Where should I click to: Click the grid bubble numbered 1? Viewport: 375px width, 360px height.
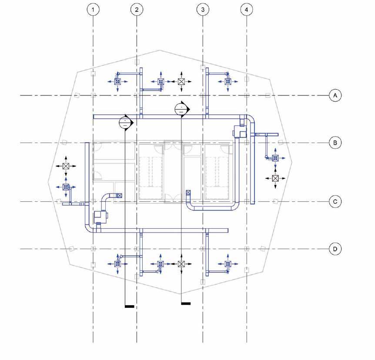coord(93,10)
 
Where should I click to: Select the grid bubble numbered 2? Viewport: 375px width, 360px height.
coord(137,10)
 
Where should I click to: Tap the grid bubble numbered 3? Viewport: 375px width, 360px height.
coord(203,10)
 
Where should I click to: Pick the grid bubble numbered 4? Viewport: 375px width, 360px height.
coord(247,10)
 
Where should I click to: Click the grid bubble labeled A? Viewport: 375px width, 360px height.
coord(335,95)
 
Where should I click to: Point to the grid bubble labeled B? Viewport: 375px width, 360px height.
coord(335,143)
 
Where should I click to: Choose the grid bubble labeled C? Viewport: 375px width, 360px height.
coord(335,201)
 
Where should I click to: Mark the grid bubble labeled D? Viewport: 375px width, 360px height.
coord(335,249)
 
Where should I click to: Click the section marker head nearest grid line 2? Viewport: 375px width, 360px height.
coord(125,122)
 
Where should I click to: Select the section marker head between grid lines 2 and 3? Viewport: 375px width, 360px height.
coord(181,109)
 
